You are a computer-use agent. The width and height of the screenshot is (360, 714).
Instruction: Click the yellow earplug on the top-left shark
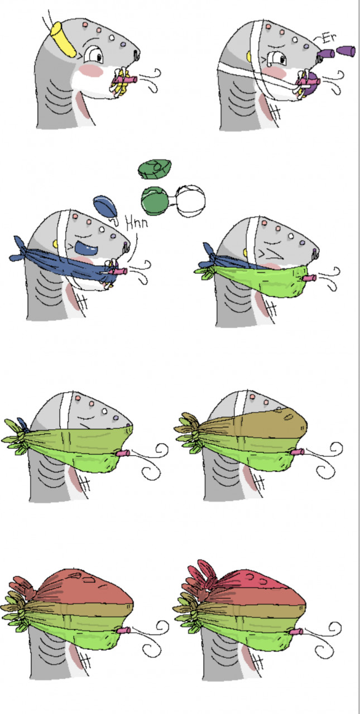point(63,39)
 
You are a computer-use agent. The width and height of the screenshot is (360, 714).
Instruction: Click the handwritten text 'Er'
point(328,38)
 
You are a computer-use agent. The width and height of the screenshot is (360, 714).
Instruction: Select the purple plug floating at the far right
point(346,51)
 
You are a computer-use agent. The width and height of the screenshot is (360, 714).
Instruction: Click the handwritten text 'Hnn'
point(137,223)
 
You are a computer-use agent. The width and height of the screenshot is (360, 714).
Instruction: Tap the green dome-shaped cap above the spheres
point(155,168)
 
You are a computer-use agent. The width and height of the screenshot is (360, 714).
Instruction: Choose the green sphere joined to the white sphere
point(155,201)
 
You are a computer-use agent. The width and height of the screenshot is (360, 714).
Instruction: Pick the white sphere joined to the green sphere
point(191,201)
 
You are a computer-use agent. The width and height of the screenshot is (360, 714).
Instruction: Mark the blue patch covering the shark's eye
point(85,248)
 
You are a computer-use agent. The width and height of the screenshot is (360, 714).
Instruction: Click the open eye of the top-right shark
point(277,59)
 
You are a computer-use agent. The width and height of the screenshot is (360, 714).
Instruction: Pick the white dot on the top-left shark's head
point(112,38)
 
